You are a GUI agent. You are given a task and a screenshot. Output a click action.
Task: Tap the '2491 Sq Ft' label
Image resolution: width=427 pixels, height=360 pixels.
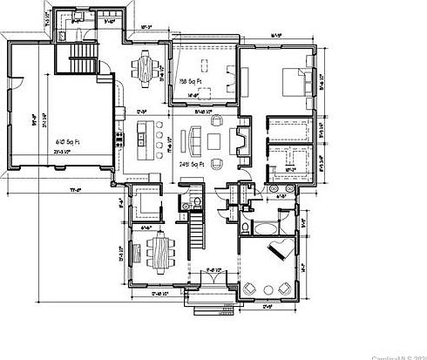coord(192,163)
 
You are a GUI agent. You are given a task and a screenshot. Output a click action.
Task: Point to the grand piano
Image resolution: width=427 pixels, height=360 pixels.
coord(280,249)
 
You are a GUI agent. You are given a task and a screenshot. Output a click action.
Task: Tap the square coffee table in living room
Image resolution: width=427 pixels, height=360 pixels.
coord(215,139)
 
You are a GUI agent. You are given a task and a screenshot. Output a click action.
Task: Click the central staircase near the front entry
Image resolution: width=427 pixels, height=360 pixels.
coord(197,234)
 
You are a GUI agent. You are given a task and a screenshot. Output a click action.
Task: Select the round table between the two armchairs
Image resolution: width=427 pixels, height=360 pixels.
coord(267,289)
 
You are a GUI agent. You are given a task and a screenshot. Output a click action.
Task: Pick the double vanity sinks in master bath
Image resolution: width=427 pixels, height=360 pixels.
coord(283,187)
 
